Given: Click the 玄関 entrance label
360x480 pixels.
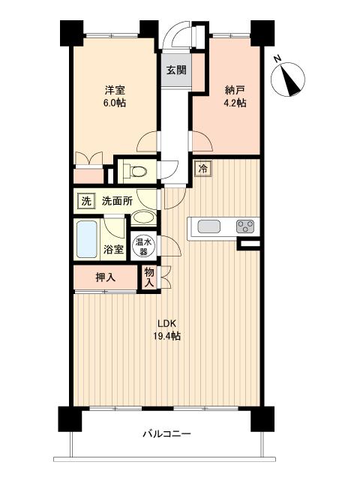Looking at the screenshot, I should click(x=176, y=71).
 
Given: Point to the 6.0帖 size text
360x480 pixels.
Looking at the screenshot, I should click(x=115, y=103).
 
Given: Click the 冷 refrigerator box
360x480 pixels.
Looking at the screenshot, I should click(x=202, y=169).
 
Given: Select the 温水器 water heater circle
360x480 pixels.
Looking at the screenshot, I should click(x=143, y=246).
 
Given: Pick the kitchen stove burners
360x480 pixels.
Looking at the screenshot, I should click(x=245, y=225).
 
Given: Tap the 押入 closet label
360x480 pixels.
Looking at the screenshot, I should click(x=106, y=277).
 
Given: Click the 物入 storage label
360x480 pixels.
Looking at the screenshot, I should click(x=149, y=277).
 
